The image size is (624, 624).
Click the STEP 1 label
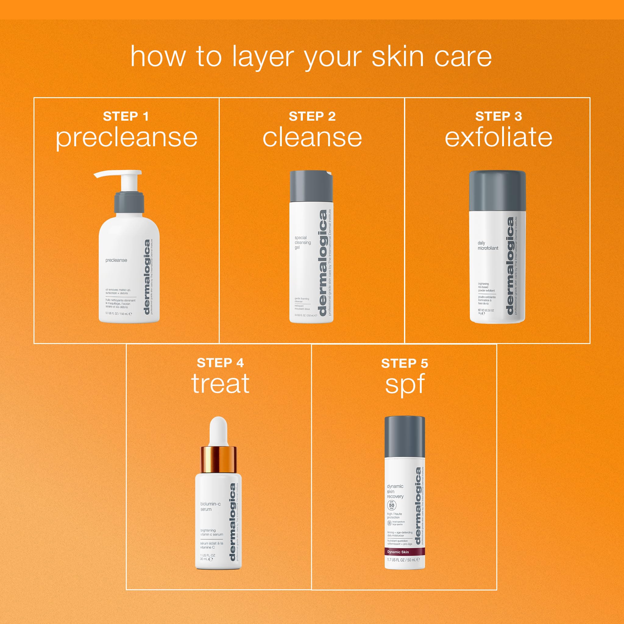126,116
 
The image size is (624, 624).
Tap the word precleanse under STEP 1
127,138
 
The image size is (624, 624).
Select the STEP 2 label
312,116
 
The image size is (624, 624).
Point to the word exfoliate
498,138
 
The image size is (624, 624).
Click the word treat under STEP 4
220,383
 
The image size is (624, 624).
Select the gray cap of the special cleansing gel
311,186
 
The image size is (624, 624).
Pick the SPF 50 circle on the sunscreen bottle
392,505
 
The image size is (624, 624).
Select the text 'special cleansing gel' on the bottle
303,243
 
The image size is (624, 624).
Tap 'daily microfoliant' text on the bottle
488,246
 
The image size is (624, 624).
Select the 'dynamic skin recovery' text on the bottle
395,491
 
